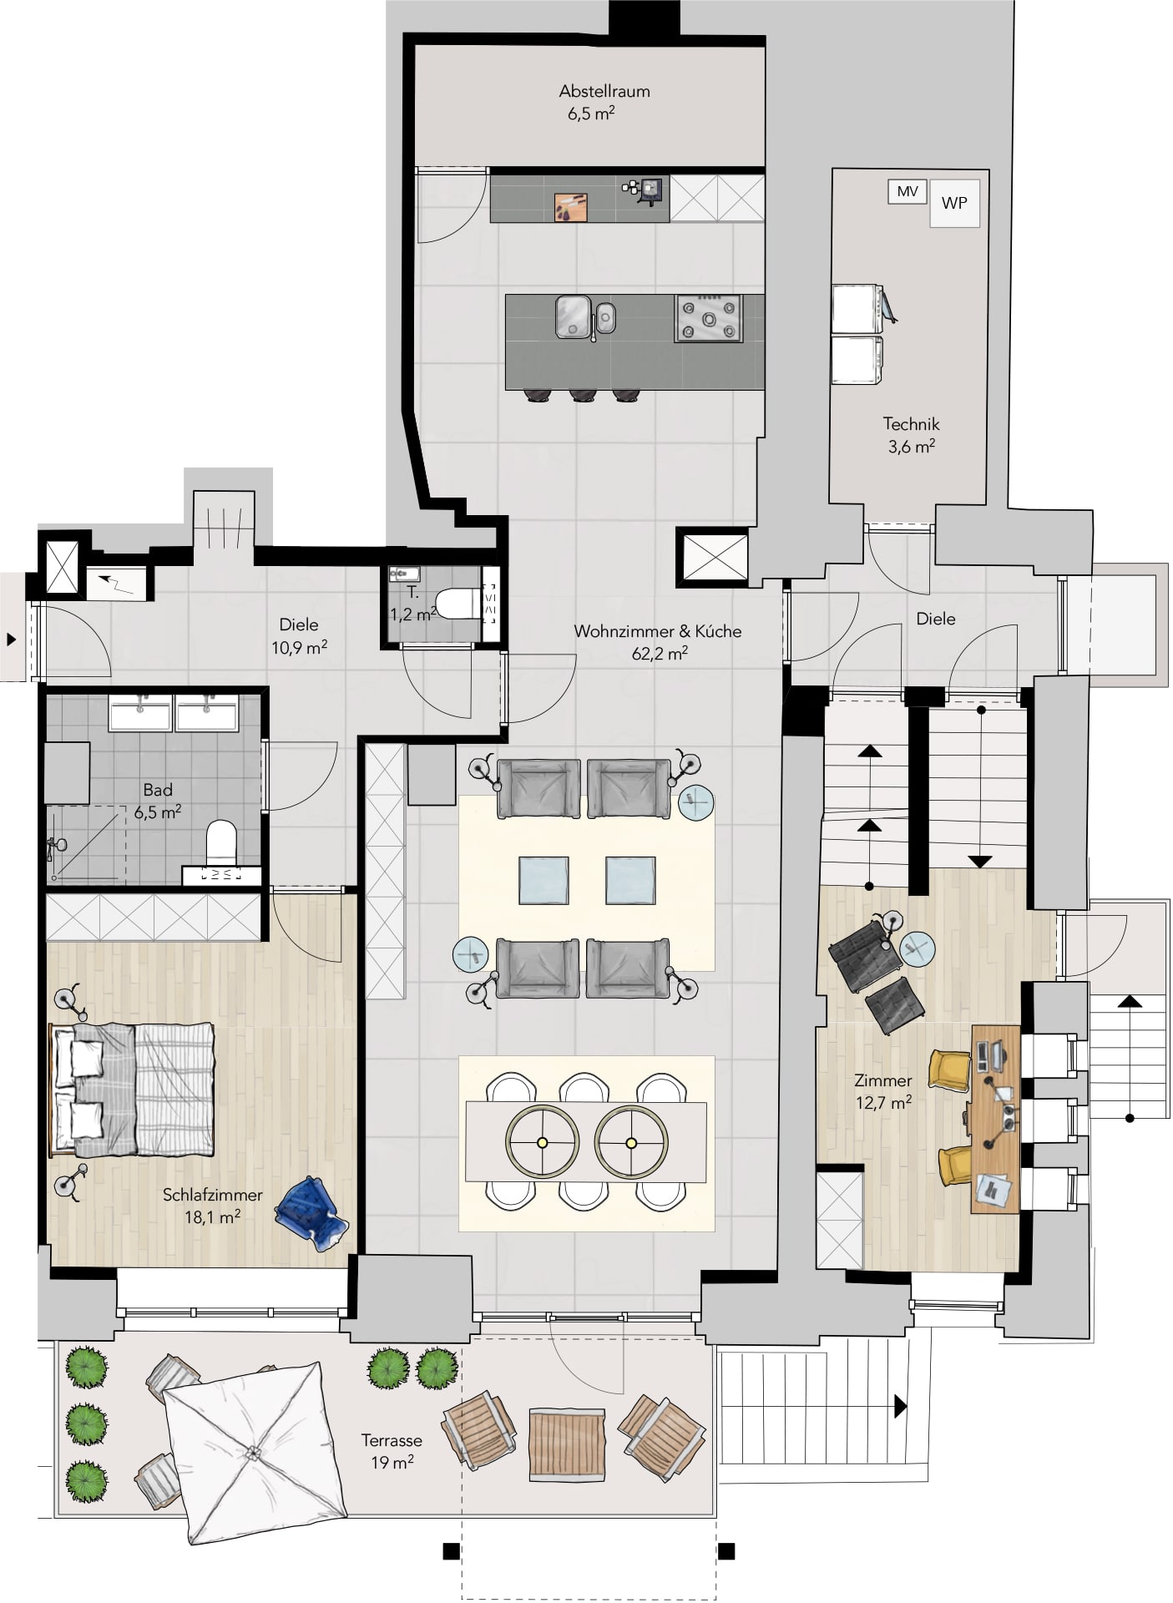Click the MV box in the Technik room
coord(908,192)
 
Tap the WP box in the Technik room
coord(954,203)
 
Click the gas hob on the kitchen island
coord(708,318)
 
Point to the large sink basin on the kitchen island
coord(574,317)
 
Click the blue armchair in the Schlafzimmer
coord(311,1212)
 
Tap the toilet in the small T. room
coord(458,604)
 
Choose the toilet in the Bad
coord(221,845)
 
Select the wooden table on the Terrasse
coord(568,1444)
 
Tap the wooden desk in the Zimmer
coord(995,1119)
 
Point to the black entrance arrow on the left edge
coord(12,640)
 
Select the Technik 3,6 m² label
coord(911,435)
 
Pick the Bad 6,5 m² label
coord(158,800)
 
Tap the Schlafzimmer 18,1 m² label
coord(212,1206)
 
